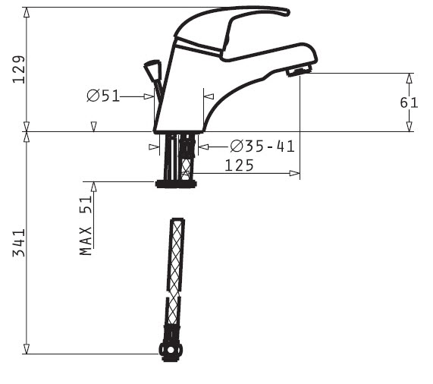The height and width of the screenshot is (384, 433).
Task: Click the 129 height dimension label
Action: click(x=19, y=70)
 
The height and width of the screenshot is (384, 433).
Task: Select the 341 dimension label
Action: click(x=19, y=243)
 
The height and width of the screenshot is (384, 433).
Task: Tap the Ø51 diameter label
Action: click(x=103, y=96)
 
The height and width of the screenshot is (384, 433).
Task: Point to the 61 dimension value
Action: click(x=409, y=102)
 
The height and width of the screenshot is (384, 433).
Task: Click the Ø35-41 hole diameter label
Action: click(x=262, y=146)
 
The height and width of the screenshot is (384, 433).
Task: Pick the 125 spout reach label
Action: click(x=239, y=165)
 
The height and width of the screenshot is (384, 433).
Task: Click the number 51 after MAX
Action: click(x=86, y=205)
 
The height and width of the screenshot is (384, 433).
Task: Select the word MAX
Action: click(x=86, y=241)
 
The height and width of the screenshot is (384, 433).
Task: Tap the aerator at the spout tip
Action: click(x=299, y=71)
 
